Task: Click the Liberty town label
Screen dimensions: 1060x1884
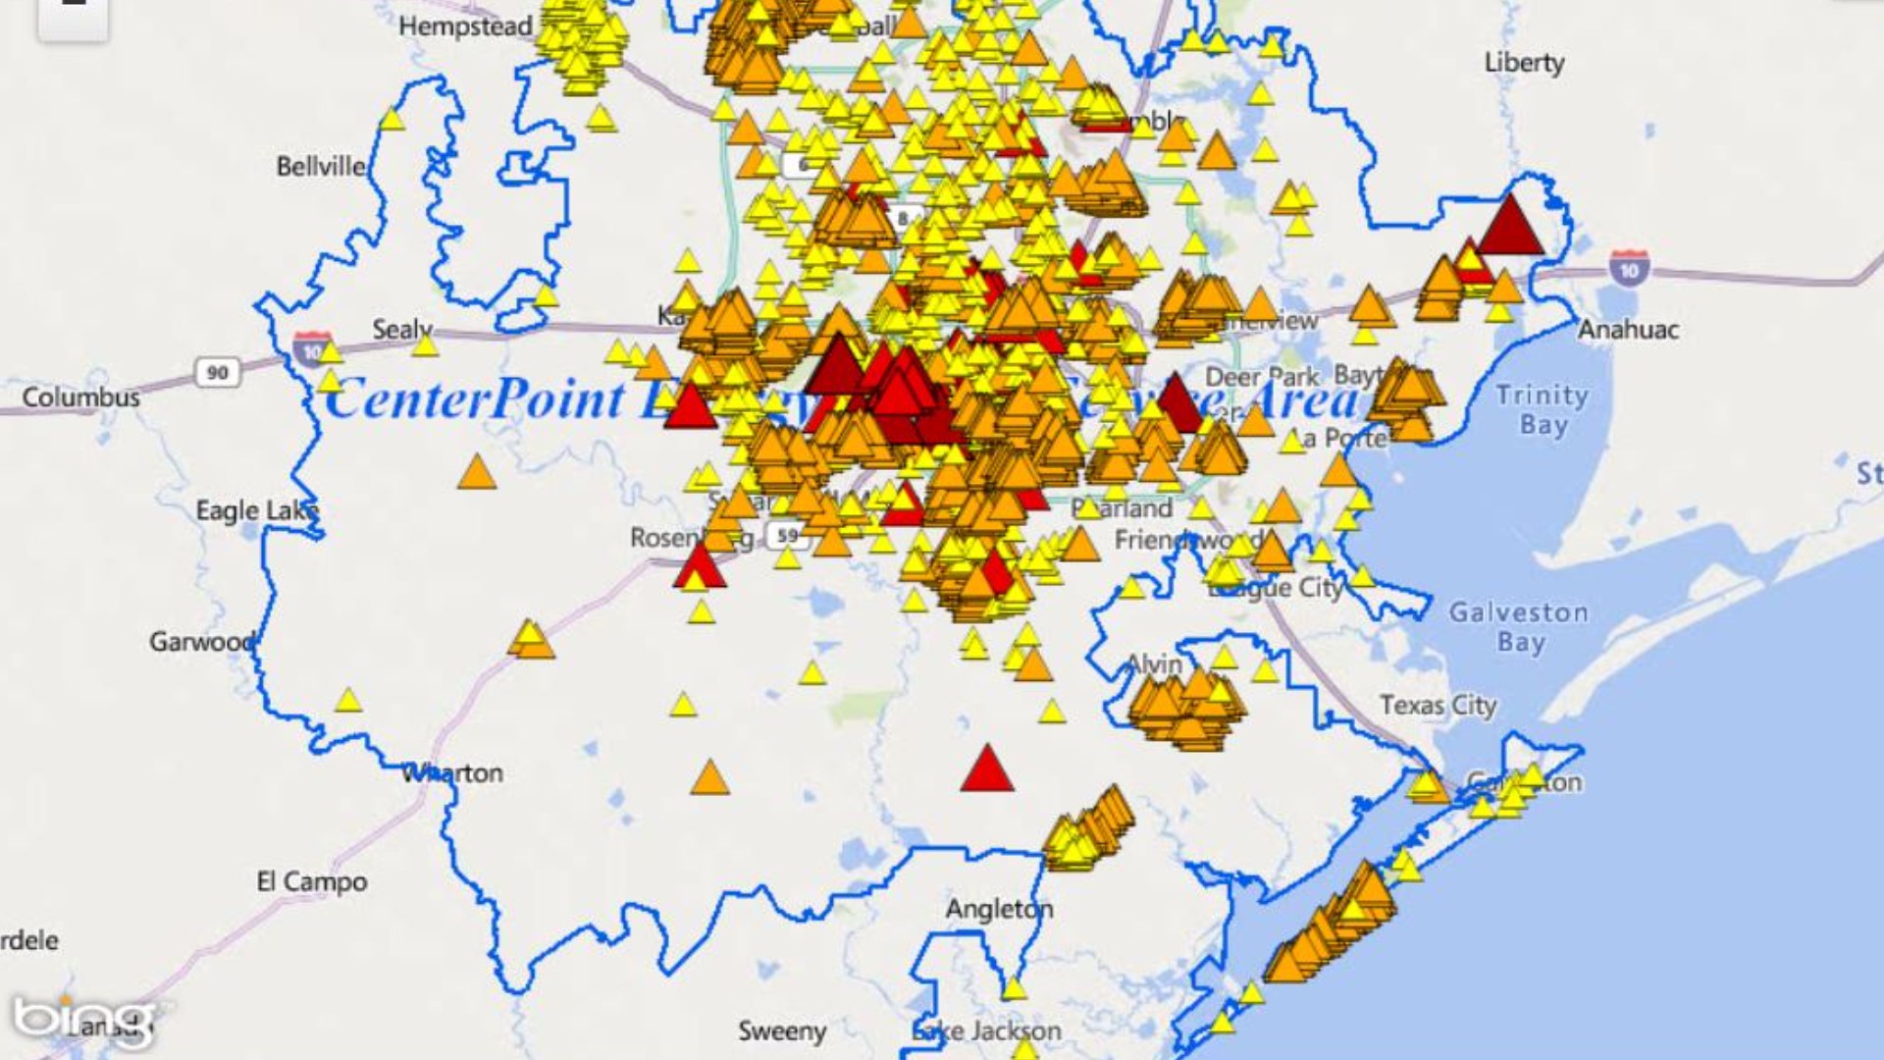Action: [x=1524, y=63]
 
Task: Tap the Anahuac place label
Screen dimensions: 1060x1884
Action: [x=1628, y=330]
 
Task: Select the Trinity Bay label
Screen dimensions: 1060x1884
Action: [x=1543, y=409]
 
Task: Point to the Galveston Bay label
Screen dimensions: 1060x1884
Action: [x=1519, y=627]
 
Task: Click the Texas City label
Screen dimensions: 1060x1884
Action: [x=1438, y=705]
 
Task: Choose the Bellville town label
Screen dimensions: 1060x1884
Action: [x=321, y=166]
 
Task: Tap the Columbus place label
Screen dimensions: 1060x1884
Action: [x=81, y=397]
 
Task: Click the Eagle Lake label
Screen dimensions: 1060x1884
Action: [x=257, y=510]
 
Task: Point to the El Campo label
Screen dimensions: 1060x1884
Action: [x=312, y=881]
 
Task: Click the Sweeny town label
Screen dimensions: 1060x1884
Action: [x=782, y=1031]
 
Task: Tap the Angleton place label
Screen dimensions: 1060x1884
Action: [x=999, y=909]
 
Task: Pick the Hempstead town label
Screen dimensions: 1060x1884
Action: [x=465, y=26]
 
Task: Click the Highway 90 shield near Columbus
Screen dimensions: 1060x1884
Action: [x=217, y=373]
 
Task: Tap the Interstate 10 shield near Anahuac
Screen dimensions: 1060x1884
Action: [x=1629, y=269]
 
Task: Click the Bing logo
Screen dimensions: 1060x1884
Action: [x=83, y=1021]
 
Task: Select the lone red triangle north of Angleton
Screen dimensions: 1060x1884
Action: [x=986, y=769]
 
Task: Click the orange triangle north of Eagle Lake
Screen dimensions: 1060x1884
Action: [x=477, y=472]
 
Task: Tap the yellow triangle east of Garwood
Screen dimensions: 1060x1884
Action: [x=348, y=701]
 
